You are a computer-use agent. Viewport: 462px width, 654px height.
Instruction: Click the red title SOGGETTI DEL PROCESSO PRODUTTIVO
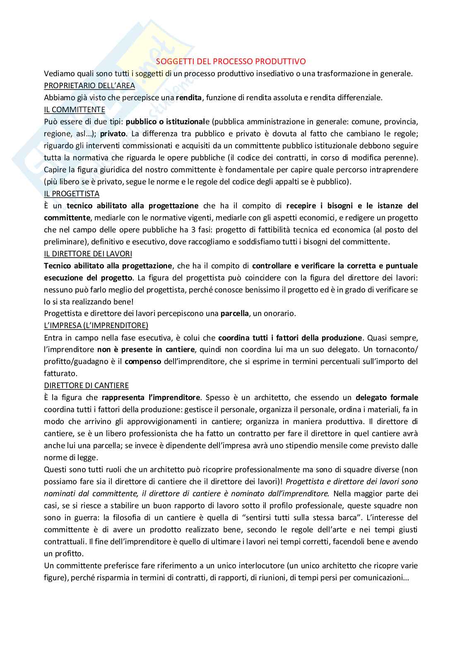point(231,62)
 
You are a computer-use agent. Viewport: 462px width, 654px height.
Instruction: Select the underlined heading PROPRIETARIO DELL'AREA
point(89,86)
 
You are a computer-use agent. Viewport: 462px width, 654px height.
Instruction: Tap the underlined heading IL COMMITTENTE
point(75,110)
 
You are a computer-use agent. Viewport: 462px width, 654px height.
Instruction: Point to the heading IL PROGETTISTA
point(72,194)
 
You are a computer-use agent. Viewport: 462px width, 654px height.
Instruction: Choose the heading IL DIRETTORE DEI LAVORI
point(88,253)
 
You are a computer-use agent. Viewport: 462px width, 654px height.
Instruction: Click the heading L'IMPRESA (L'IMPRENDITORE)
point(96,326)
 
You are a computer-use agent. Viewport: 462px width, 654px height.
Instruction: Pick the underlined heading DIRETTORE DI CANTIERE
point(86,386)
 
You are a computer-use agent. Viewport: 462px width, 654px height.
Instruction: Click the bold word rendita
point(188,98)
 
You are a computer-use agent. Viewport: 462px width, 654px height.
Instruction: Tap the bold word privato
point(113,134)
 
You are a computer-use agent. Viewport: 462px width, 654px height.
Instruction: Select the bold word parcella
point(234,314)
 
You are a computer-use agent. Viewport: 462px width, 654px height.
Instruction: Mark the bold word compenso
point(143,362)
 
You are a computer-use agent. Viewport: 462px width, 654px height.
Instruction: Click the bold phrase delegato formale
point(387,398)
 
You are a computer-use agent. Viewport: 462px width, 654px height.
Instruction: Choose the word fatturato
point(60,374)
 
